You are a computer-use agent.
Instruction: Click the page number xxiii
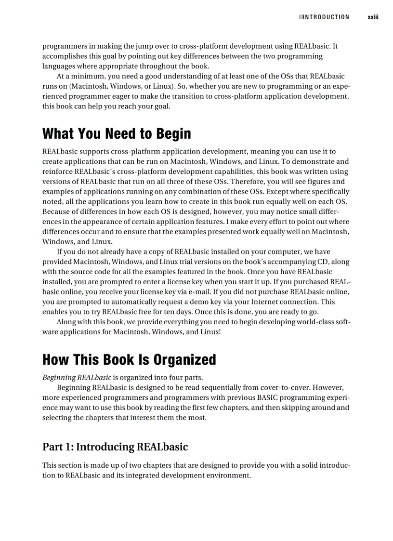373,17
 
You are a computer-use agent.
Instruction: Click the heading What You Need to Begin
117,133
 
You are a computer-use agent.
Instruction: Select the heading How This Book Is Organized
129,359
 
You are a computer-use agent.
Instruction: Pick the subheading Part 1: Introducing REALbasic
115,447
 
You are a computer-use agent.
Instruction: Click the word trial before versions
185,262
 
